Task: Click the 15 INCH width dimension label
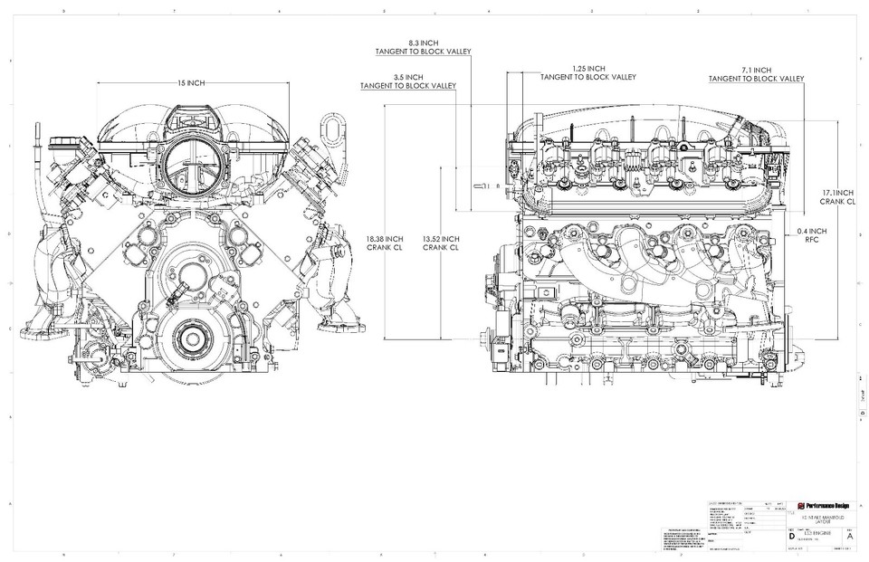click(192, 83)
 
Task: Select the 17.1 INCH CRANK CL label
click(838, 197)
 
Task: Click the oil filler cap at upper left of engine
click(60, 145)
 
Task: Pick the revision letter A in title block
click(848, 536)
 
